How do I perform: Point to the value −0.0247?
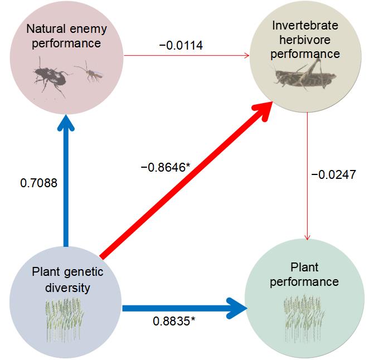pyautogui.click(x=333, y=175)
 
